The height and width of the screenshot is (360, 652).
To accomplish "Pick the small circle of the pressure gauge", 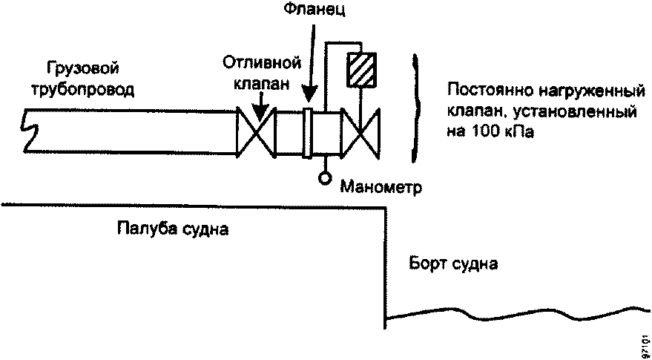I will coord(324,178).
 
